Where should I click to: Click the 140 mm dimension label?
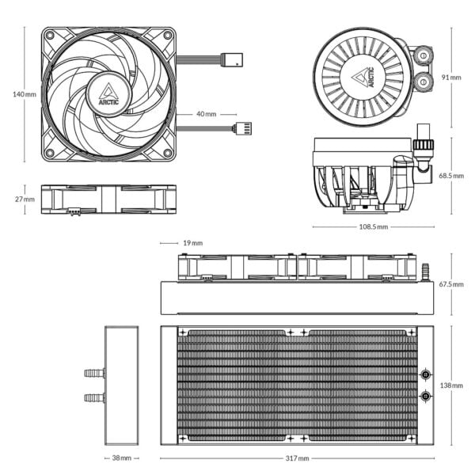point(25,94)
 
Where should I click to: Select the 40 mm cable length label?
point(206,114)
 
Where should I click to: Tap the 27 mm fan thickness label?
point(25,199)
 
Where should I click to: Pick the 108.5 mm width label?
point(373,227)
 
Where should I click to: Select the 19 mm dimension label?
point(192,243)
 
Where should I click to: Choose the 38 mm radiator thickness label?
point(121,458)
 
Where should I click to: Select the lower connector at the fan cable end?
point(241,128)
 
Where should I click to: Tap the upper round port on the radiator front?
point(426,374)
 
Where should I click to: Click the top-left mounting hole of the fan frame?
point(49,36)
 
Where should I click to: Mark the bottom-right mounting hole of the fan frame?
point(168,153)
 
